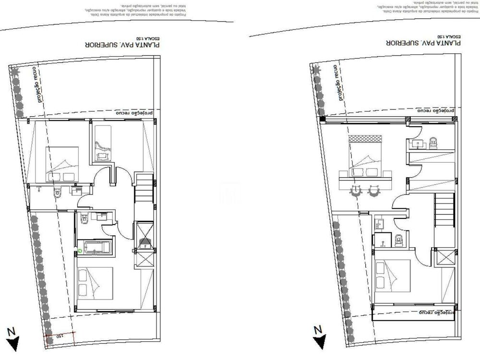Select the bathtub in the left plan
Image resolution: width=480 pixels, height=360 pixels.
tap(98, 248)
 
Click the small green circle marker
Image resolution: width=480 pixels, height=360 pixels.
tap(80, 251)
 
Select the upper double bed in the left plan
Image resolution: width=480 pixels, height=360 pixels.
tap(62, 164)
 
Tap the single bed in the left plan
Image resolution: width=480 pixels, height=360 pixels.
tap(102, 142)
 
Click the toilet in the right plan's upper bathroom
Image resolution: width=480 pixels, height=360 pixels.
tap(433, 141)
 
